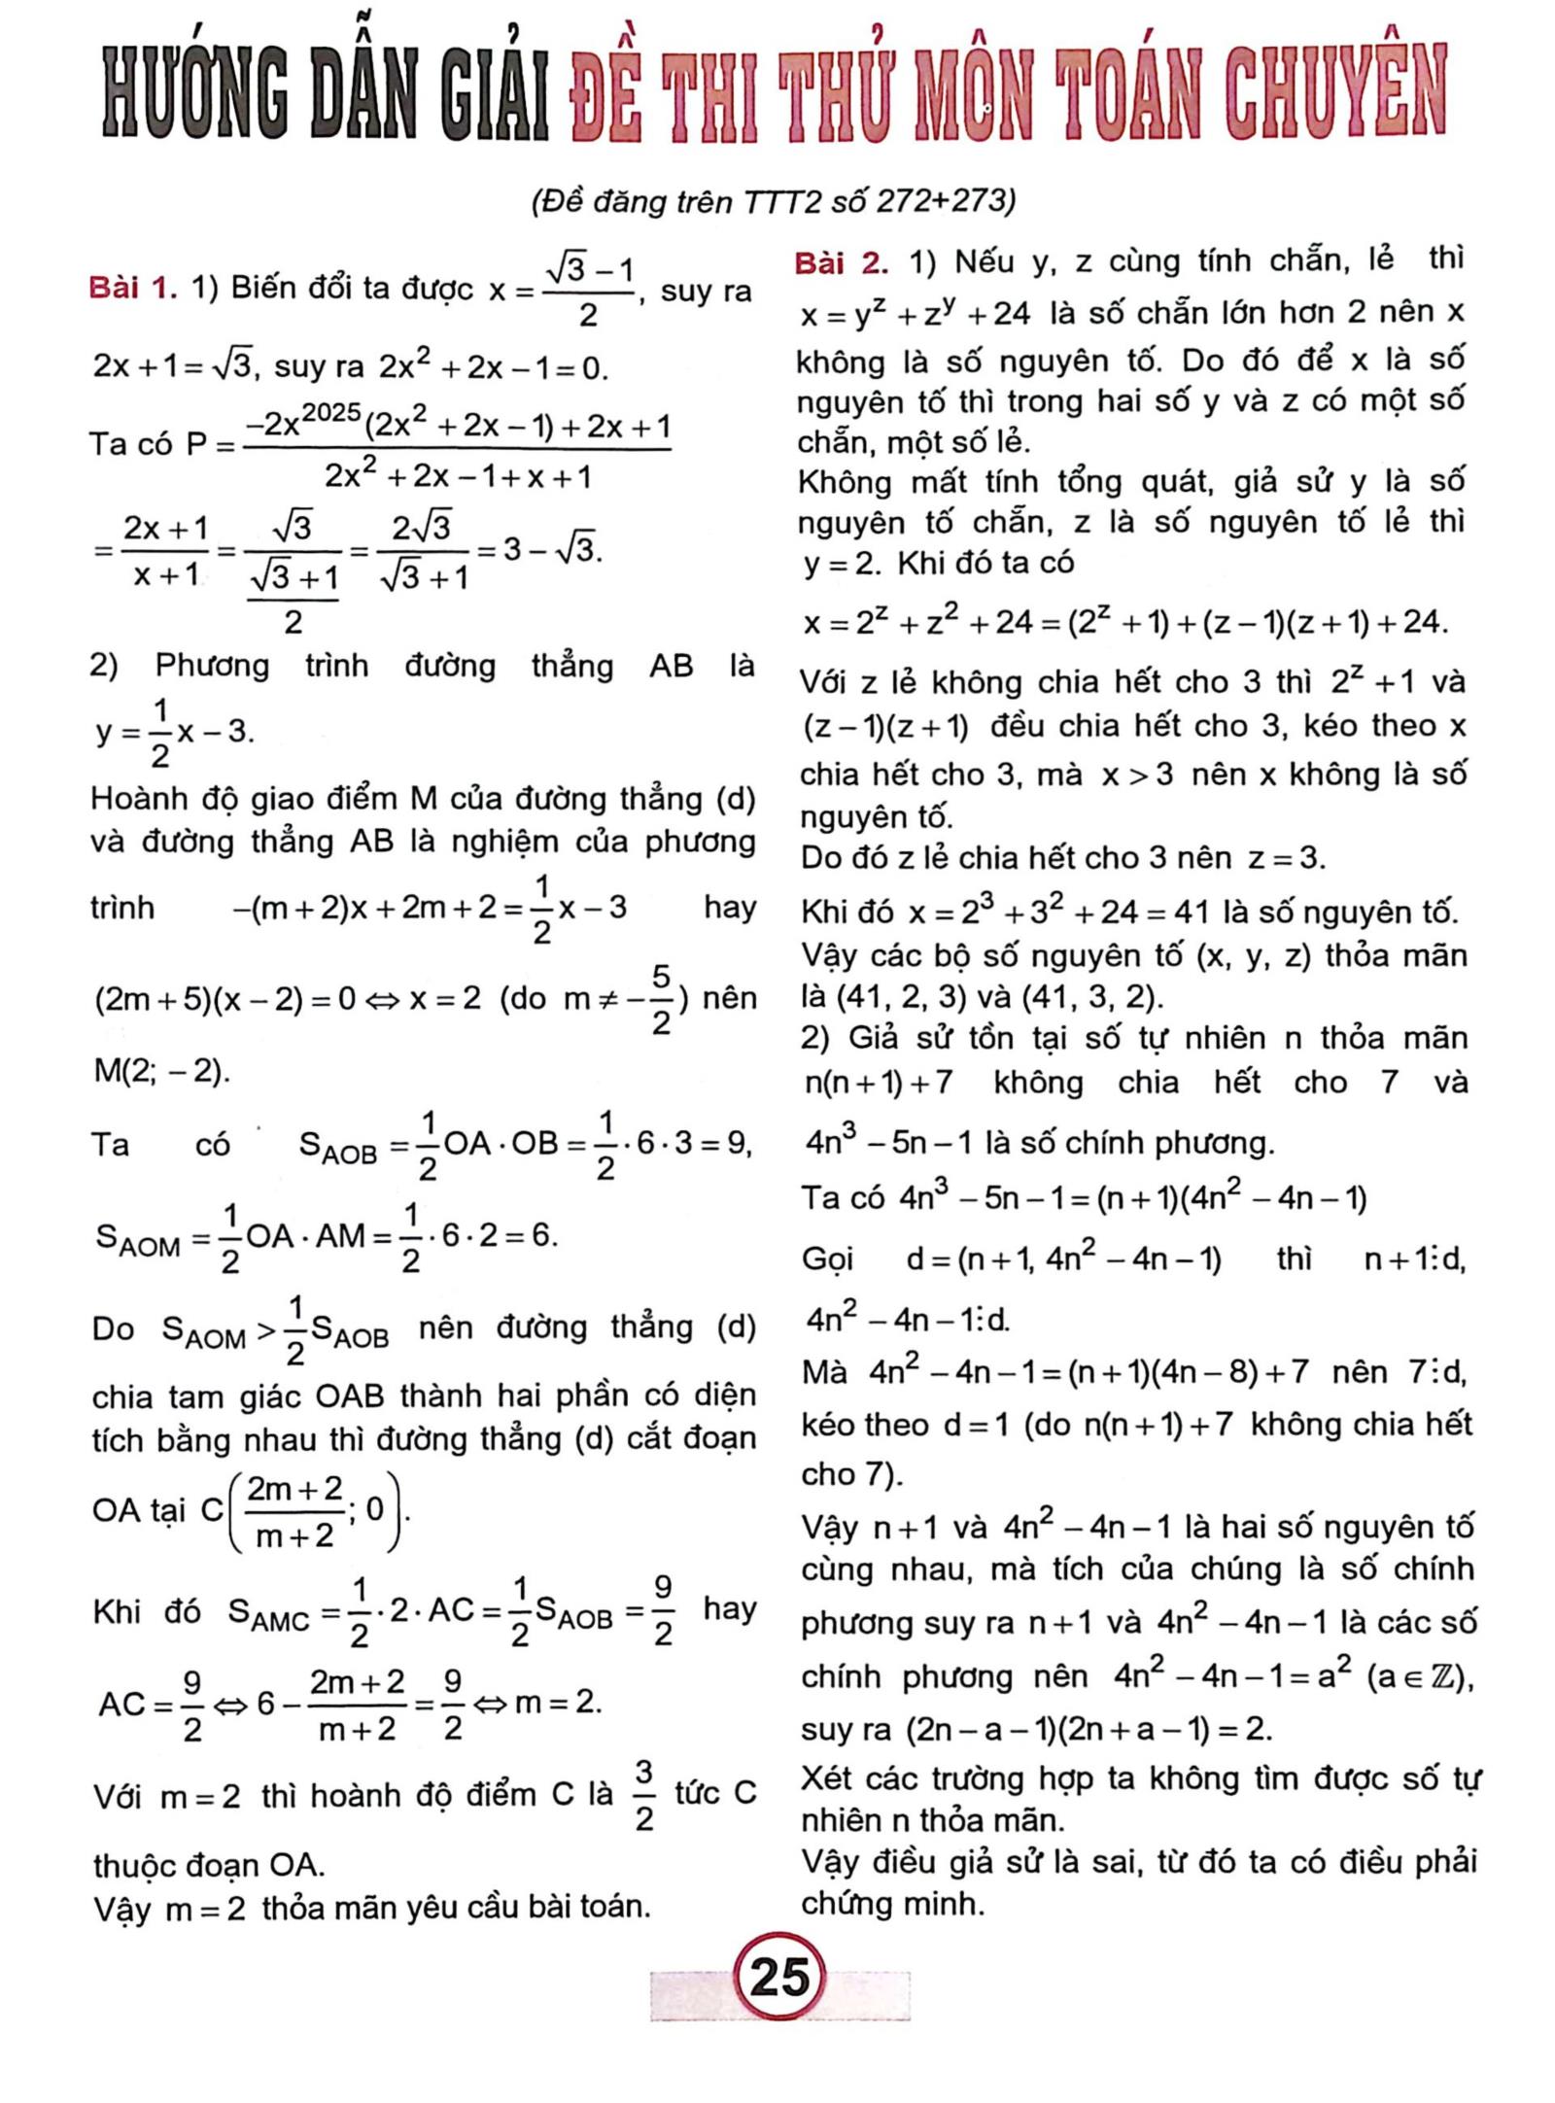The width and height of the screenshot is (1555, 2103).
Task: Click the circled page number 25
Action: tap(780, 1975)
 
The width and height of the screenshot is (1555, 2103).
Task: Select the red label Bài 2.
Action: tap(841, 262)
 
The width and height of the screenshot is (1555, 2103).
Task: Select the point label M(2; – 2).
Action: tap(161, 1071)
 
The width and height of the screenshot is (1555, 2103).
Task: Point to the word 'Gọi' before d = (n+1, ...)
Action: tap(827, 1260)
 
